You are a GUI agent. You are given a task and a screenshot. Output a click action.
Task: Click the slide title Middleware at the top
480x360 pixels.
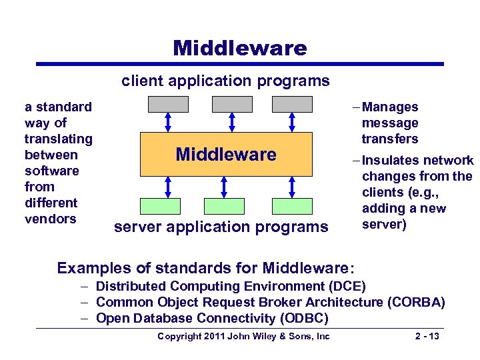click(x=239, y=48)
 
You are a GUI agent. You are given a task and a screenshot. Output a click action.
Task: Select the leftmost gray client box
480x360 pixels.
click(x=168, y=104)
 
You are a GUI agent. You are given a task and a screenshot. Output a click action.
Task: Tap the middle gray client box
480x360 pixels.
click(x=231, y=104)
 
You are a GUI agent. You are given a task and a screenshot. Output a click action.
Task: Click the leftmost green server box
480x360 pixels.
click(x=163, y=205)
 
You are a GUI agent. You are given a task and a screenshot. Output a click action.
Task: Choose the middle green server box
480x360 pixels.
click(x=224, y=205)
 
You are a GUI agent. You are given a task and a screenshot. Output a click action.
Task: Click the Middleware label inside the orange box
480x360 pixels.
click(x=225, y=155)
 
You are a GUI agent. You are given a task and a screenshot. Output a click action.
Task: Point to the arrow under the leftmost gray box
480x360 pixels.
click(x=168, y=122)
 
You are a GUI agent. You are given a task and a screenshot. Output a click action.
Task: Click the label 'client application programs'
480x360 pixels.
click(x=225, y=81)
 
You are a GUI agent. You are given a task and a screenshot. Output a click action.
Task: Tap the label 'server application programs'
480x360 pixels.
click(x=221, y=227)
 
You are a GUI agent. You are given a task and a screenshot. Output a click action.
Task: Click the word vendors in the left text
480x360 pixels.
click(x=50, y=219)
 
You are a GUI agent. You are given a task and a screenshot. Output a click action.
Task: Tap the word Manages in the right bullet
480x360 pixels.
click(x=390, y=107)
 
